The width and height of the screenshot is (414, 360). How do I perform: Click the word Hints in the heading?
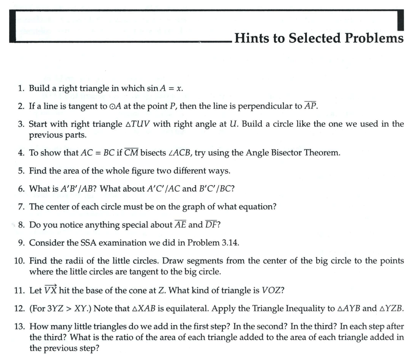[252, 38]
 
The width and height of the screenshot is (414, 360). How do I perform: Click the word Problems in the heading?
[374, 38]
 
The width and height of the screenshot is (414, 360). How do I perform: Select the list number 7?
[21, 207]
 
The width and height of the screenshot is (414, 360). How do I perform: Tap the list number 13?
[19, 327]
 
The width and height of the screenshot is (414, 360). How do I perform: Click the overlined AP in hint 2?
[310, 106]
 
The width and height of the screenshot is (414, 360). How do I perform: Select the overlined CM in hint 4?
[131, 153]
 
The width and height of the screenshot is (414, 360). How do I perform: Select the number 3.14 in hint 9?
[228, 243]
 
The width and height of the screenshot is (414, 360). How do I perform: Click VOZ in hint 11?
[273, 290]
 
